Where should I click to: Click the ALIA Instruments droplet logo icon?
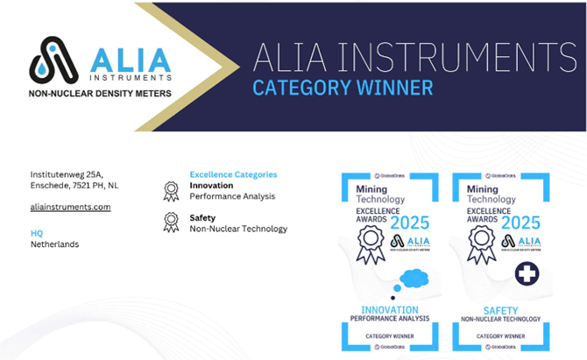pyautogui.click(x=54, y=59)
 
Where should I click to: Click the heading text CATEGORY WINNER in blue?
pyautogui.click(x=343, y=88)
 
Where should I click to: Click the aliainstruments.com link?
pyautogui.click(x=70, y=207)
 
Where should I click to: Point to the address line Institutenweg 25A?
pyautogui.click(x=67, y=174)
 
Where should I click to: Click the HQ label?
pyautogui.click(x=36, y=233)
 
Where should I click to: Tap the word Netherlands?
pyautogui.click(x=54, y=244)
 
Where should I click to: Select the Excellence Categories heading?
pyautogui.click(x=233, y=174)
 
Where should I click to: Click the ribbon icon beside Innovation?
pyautogui.click(x=172, y=191)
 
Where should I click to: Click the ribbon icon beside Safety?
pyautogui.click(x=172, y=222)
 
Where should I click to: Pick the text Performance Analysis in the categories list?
pyautogui.click(x=232, y=196)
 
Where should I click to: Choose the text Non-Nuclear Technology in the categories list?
pyautogui.click(x=238, y=229)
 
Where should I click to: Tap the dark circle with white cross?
pyautogui.click(x=527, y=273)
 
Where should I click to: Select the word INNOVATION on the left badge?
pyautogui.click(x=390, y=310)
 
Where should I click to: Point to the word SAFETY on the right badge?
pyautogui.click(x=501, y=310)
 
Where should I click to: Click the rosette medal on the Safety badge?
pyautogui.click(x=480, y=243)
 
